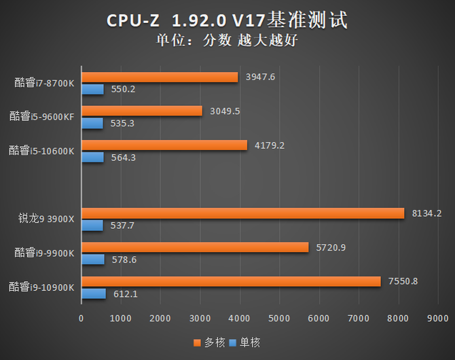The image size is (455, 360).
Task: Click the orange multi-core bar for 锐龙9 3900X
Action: (x=242, y=213)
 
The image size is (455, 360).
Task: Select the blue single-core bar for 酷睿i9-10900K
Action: (x=94, y=293)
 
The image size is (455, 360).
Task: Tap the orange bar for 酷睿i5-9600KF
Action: (x=142, y=111)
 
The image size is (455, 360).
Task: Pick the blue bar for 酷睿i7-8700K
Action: (x=93, y=89)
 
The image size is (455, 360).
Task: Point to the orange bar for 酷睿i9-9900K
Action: (x=195, y=247)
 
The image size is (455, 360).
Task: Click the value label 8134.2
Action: (x=427, y=213)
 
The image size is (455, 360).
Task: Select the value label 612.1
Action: (x=126, y=293)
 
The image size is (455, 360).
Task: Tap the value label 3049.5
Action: (x=225, y=111)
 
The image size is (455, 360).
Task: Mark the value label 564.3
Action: (x=123, y=157)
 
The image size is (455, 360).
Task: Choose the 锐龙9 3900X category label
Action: (x=45, y=219)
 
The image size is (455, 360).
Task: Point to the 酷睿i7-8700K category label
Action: (x=43, y=83)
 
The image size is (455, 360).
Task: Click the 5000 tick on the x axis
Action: (x=278, y=318)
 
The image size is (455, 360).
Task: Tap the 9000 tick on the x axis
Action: (x=437, y=318)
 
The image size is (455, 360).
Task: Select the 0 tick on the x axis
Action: (x=81, y=318)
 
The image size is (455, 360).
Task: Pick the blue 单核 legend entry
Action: (x=243, y=342)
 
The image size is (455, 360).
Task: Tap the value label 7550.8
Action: (x=401, y=281)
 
